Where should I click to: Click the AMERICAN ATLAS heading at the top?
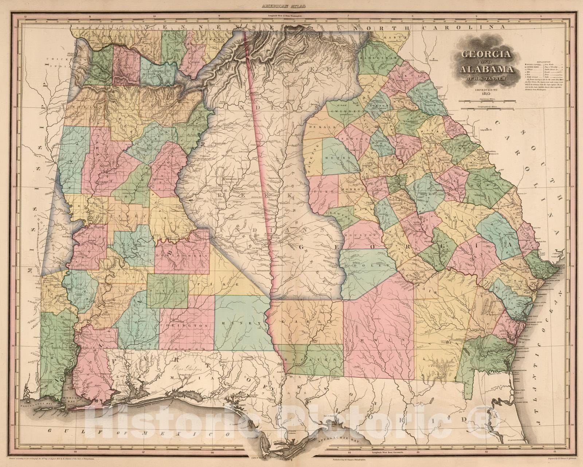click(x=291, y=6)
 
